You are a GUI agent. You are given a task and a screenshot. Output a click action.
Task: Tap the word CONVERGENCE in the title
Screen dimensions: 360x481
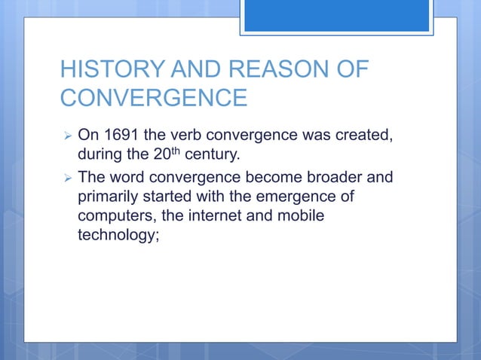point(153,99)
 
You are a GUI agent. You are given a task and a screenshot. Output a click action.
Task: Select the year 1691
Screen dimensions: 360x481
point(119,135)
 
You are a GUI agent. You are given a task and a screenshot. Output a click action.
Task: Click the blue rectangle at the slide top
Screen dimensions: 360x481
point(337,16)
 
